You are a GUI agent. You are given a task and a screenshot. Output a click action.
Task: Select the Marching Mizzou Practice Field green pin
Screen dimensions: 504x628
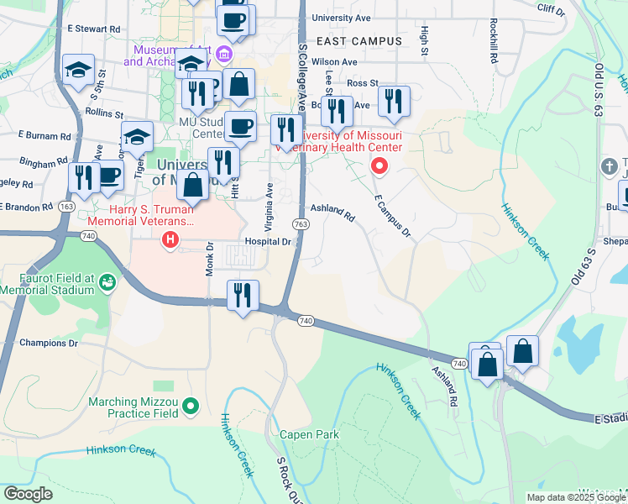[x=191, y=408]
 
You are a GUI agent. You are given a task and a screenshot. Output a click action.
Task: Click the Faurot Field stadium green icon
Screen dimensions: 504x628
[x=107, y=282]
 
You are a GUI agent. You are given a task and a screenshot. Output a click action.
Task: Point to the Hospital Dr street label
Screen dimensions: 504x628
[x=267, y=241]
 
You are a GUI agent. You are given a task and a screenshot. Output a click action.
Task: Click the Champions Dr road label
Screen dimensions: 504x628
[x=49, y=343]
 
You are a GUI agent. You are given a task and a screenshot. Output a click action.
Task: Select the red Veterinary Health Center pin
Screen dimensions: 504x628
[x=379, y=166]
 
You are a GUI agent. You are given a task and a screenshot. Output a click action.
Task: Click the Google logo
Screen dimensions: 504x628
[x=28, y=494]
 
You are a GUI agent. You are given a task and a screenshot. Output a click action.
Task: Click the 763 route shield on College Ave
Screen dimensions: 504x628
[x=301, y=224]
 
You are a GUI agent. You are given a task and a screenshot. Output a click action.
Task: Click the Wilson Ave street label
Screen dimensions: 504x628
[x=334, y=61]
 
